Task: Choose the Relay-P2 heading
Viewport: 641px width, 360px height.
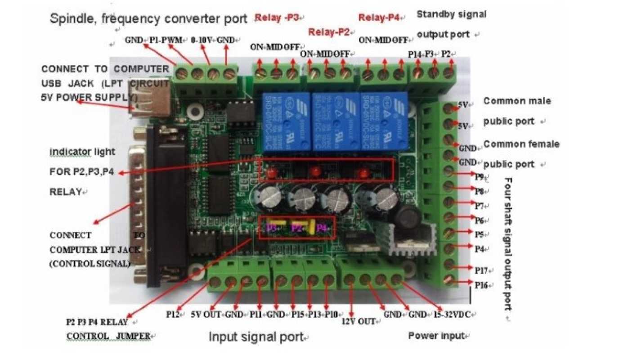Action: (329, 32)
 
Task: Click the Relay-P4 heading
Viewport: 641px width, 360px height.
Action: (379, 18)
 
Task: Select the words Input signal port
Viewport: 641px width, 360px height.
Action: (256, 336)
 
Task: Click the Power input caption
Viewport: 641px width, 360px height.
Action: (435, 336)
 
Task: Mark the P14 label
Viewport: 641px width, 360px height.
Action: (414, 54)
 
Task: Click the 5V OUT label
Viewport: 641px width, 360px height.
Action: (205, 314)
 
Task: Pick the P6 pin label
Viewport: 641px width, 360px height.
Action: (480, 220)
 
